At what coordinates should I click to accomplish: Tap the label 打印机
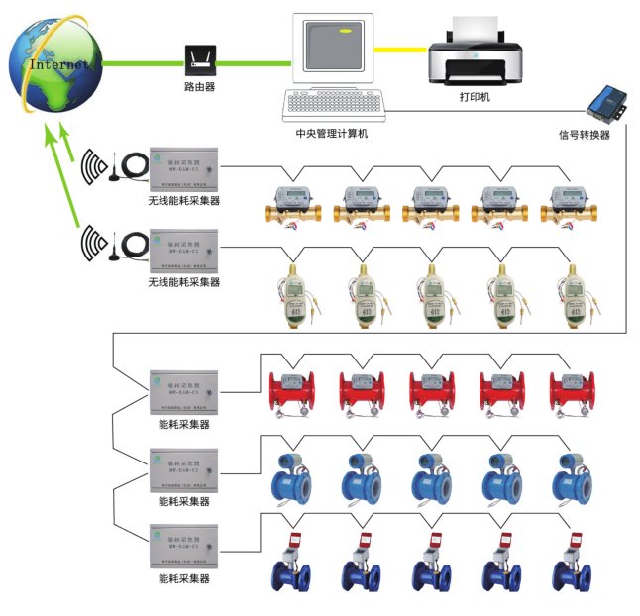[474, 99]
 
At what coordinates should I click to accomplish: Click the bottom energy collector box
[183, 546]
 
